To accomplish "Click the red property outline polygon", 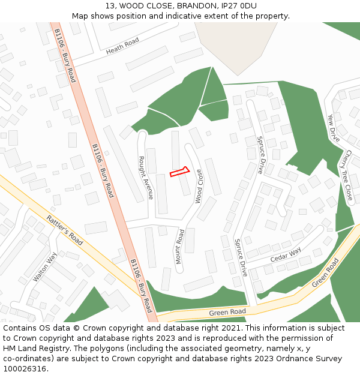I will pyautogui.click(x=179, y=172).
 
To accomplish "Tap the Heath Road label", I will pyautogui.click(x=122, y=46).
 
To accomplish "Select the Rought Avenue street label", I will pyautogui.click(x=146, y=178).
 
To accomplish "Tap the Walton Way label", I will pyautogui.click(x=45, y=266).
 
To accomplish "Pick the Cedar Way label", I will pyautogui.click(x=285, y=255).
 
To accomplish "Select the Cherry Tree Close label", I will pyautogui.click(x=347, y=175).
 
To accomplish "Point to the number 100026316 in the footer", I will pyautogui.click(x=24, y=368).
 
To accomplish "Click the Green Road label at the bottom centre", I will pyautogui.click(x=227, y=313).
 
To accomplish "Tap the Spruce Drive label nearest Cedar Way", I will pyautogui.click(x=240, y=257).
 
